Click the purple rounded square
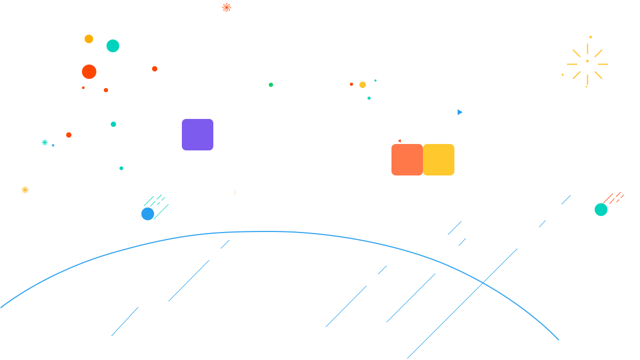[x=197, y=134]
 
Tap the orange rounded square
[x=407, y=159]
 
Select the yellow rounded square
[x=438, y=159]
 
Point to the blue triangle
[x=460, y=112]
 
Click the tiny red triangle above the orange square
[x=399, y=141]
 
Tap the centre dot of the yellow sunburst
[x=587, y=61]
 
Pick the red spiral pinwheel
[x=227, y=7]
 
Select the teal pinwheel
[x=45, y=142]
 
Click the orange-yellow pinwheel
[x=25, y=190]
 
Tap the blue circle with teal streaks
[x=148, y=214]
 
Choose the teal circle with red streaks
[x=601, y=210]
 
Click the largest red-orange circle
[x=89, y=71]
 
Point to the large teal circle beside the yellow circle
[x=113, y=46]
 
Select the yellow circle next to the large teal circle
[x=89, y=39]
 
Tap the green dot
[x=271, y=85]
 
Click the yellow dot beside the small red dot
[x=363, y=85]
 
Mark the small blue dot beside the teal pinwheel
[x=53, y=145]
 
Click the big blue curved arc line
[x=267, y=231]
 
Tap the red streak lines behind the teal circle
[x=614, y=198]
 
